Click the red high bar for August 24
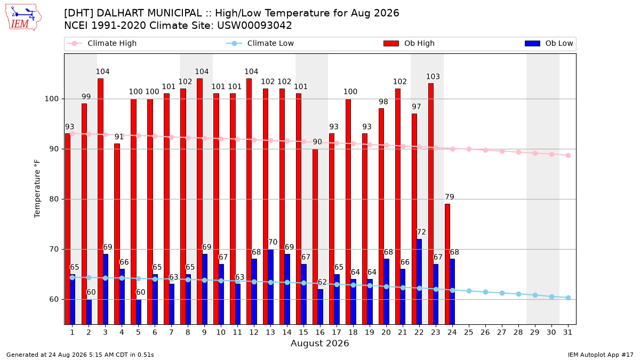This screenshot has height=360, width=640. [447, 264]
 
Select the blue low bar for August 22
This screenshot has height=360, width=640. [419, 282]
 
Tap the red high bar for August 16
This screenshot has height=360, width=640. [315, 237]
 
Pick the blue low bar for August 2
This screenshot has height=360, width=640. [89, 311]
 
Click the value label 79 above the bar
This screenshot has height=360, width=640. [450, 197]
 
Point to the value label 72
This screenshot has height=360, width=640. [421, 232]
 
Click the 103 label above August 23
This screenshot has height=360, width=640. [433, 77]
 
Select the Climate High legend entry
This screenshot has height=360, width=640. [102, 43]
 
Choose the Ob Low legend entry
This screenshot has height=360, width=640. [549, 43]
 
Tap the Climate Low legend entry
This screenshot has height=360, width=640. [260, 43]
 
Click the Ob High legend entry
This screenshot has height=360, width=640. [409, 43]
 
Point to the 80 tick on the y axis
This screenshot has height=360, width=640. [54, 199]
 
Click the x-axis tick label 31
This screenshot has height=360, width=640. [567, 332]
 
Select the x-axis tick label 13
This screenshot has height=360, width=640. [270, 332]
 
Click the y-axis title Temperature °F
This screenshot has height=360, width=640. [37, 189]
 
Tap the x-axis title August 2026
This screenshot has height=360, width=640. [319, 343]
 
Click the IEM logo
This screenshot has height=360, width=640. [23, 18]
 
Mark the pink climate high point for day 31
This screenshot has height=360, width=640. [569, 155]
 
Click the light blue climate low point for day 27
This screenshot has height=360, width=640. [502, 293]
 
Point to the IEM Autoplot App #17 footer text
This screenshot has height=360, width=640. [601, 355]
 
